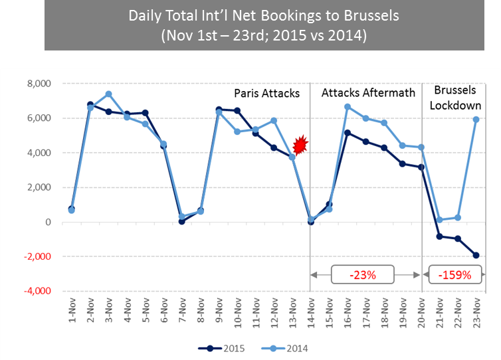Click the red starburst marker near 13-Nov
tap(301, 145)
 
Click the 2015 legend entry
tap(223, 347)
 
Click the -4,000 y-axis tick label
tap(37, 291)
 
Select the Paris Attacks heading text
tap(266, 93)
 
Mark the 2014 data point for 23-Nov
tap(476, 120)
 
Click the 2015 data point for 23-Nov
tap(476, 255)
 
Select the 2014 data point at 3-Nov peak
tap(108, 94)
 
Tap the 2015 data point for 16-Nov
tap(347, 133)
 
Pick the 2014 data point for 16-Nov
tap(347, 107)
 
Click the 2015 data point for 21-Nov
tap(439, 236)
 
